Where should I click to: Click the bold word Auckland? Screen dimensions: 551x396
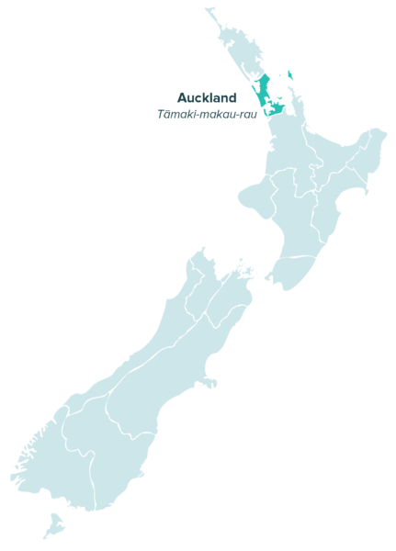207,97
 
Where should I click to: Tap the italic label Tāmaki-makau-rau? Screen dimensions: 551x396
207,114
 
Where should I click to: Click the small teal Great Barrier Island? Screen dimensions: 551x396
290,75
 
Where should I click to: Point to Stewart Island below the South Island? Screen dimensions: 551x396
54,526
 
